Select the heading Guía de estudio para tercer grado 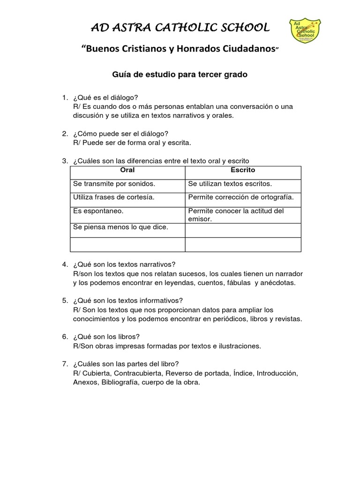[179, 75]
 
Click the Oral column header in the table [127, 170]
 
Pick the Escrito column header [243, 170]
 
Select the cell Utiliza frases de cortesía [114, 197]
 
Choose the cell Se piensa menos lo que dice [120, 227]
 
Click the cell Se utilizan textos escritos [230, 184]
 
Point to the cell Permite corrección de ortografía [241, 197]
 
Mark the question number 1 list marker [65, 97]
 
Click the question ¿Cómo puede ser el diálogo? [120, 134]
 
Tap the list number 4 [65, 264]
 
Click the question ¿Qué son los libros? [106, 337]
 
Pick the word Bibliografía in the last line [117, 382]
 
